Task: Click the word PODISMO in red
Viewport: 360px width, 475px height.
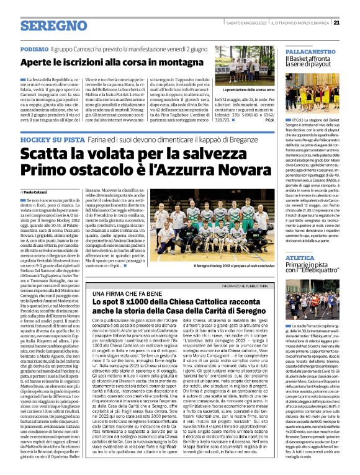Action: point(34,48)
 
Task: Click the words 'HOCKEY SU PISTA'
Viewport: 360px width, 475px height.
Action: point(48,140)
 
